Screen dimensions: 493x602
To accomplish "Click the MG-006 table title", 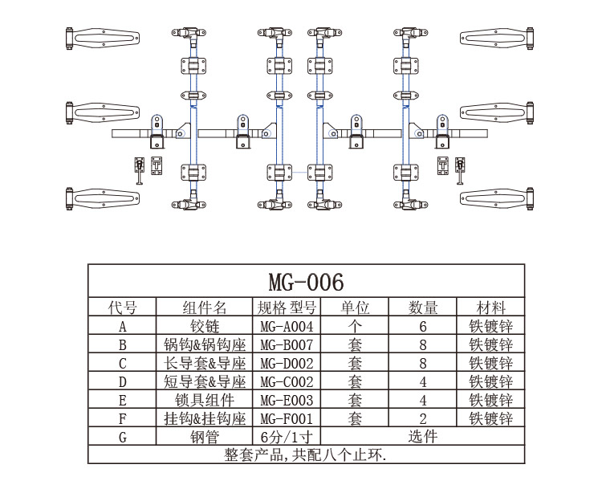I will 306,282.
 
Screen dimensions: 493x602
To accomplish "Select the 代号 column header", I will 122,308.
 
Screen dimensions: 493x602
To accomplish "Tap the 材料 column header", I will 490,308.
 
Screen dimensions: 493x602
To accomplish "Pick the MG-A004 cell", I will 287,327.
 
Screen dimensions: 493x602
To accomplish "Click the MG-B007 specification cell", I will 287,345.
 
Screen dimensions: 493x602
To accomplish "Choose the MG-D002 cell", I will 287,364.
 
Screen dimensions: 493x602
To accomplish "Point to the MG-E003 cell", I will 287,400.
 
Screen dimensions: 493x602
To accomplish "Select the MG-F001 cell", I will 287,418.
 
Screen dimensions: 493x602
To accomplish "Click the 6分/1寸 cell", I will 287,437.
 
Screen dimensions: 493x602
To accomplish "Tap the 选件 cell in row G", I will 422,437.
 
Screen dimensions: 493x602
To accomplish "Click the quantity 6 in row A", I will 422,327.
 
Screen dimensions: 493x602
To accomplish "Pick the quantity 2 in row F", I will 422,418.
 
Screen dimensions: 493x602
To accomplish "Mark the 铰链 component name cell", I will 204,327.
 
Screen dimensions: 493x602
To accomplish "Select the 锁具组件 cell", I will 204,400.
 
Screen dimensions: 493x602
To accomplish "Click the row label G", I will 122,437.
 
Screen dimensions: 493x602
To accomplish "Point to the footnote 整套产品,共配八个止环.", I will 306,454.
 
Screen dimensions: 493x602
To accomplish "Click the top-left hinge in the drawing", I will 102,39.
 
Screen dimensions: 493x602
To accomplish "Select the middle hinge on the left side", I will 102,115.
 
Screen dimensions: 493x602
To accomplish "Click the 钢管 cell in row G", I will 204,437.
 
